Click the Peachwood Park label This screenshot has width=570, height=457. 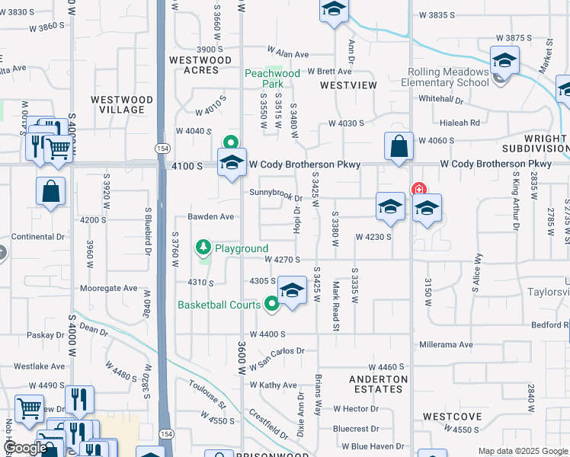tap(264, 78)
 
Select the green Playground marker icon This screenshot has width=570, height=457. tap(203, 247)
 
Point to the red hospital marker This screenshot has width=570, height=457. tap(418, 190)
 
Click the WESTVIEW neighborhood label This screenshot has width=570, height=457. tap(348, 85)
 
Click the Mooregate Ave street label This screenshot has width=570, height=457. tap(108, 289)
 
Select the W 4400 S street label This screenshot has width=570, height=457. tap(267, 334)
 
